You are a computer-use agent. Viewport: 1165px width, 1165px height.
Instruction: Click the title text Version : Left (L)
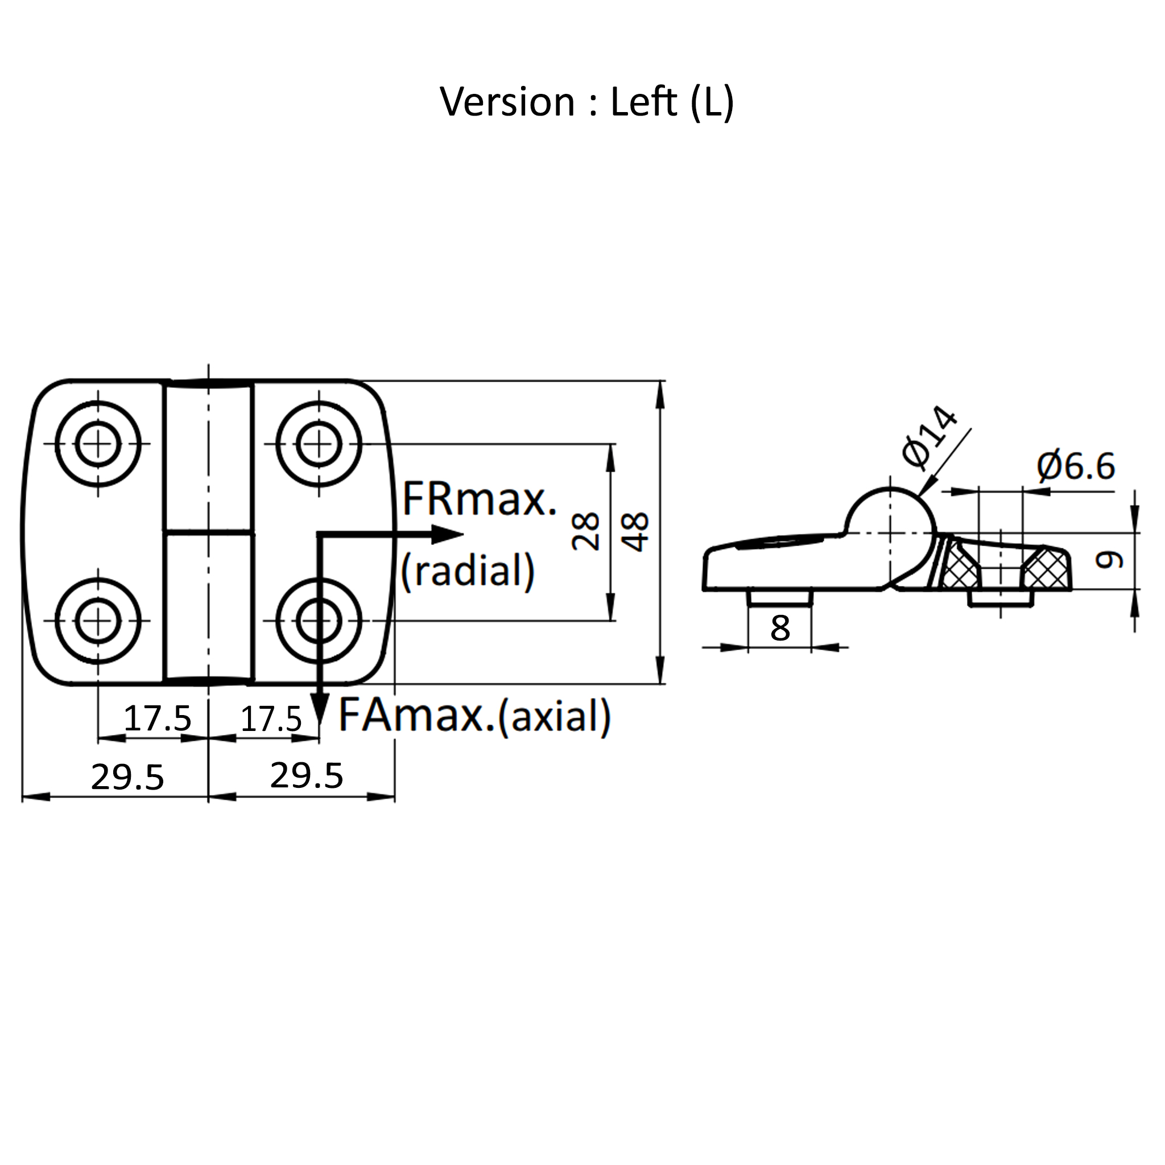tap(586, 102)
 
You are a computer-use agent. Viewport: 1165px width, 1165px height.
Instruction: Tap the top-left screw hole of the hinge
tap(98, 444)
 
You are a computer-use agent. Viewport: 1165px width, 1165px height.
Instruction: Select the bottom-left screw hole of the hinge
tap(98, 621)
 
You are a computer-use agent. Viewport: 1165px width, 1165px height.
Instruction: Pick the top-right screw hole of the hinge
tap(319, 444)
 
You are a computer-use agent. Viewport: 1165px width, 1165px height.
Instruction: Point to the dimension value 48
tap(635, 532)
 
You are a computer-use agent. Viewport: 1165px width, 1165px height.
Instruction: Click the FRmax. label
tap(480, 499)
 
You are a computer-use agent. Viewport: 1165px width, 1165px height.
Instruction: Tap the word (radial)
tap(468, 571)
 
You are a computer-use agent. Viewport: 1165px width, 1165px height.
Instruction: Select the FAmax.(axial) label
tap(475, 716)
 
